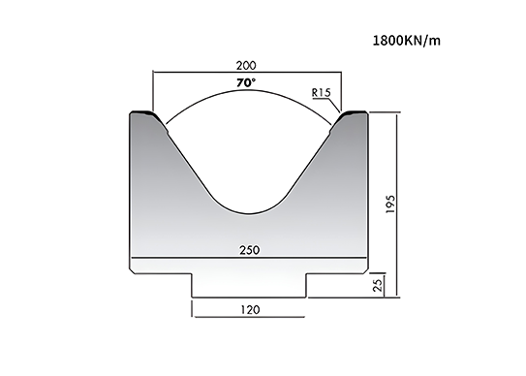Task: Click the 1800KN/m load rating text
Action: [x=407, y=41]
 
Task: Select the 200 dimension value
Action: [x=246, y=66]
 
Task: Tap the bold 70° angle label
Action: [x=246, y=82]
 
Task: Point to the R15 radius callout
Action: [x=321, y=92]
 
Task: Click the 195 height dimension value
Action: [x=390, y=204]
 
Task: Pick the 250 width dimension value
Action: [x=250, y=250]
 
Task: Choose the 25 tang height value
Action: [x=378, y=285]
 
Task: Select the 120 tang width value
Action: [x=250, y=309]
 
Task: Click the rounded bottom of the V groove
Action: [x=249, y=213]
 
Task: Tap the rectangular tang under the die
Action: [x=249, y=285]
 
